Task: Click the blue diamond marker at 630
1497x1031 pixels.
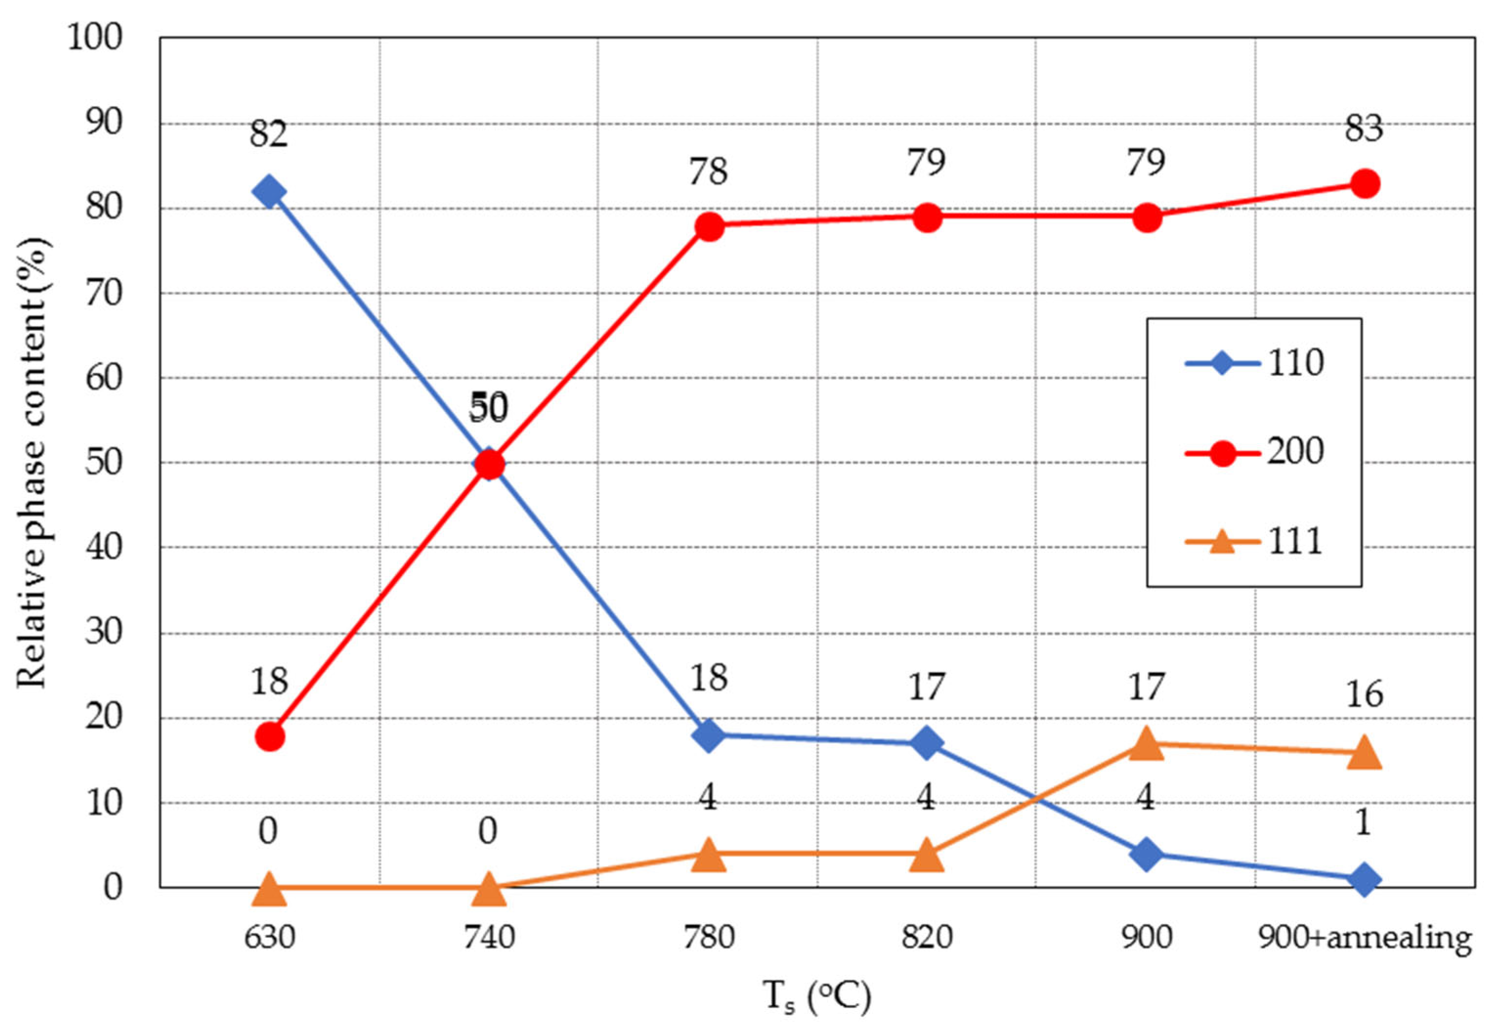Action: (x=269, y=192)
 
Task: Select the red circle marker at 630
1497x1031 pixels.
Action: (x=270, y=737)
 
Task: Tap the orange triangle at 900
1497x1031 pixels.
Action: (x=1146, y=743)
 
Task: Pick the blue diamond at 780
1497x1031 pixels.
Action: (x=708, y=735)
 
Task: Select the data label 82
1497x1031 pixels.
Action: (x=268, y=134)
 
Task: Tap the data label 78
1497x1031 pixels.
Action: (x=708, y=172)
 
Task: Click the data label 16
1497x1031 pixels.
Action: (x=1364, y=695)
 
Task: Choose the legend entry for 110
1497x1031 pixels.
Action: (x=1254, y=363)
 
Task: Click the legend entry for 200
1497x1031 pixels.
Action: (x=1254, y=452)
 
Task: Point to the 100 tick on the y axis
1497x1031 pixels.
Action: (x=94, y=38)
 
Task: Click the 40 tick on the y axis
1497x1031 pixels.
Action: (x=104, y=548)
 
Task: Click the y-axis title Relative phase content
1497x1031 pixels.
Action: (x=32, y=462)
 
